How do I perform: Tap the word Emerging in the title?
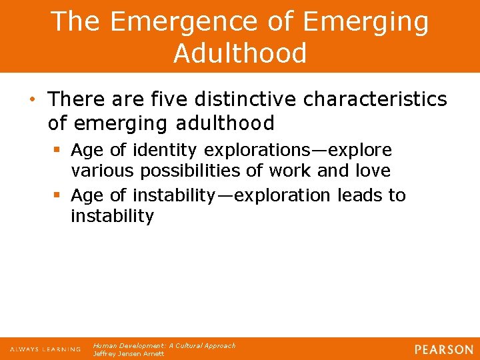367,21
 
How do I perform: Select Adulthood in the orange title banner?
240,53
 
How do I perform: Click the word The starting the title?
75,21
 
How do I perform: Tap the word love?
373,171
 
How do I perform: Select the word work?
291,171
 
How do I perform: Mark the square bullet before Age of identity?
58,150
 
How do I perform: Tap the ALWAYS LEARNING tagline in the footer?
45,349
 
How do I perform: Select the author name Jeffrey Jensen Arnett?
128,354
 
